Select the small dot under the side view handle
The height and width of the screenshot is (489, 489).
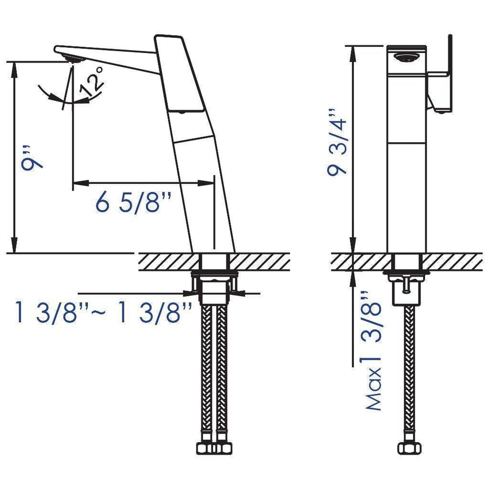181,112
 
